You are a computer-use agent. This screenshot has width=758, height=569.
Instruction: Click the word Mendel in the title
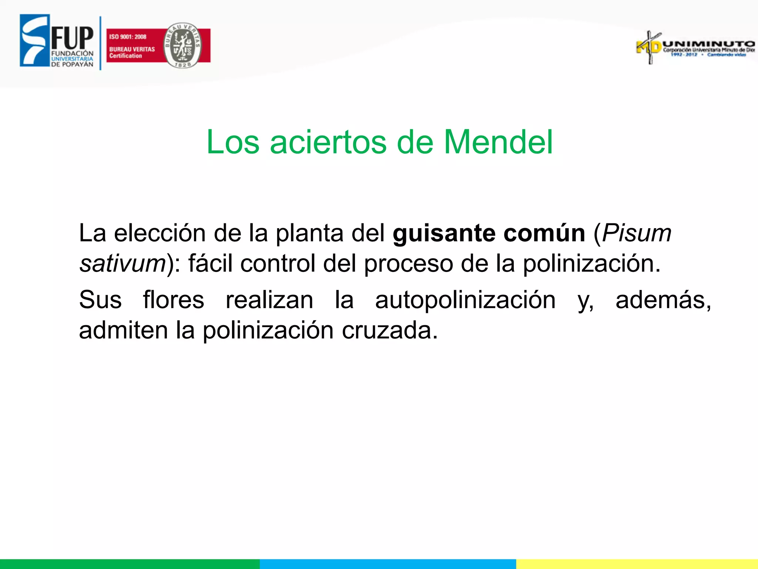pos(498,142)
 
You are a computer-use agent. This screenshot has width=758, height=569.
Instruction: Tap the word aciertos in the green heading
pos(328,142)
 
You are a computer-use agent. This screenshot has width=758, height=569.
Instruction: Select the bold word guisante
pos(444,233)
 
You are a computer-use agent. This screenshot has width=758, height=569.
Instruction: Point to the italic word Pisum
pos(637,233)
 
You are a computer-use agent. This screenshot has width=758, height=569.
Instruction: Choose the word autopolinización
pos(465,300)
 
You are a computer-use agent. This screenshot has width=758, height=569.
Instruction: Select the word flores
pos(174,300)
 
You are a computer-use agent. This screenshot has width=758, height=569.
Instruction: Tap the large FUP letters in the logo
pos(73,38)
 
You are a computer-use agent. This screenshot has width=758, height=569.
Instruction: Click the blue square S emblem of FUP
pos(34,41)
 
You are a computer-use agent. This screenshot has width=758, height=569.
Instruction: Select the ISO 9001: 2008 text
pos(128,37)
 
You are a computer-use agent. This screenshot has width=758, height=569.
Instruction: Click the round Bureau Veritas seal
pos(182,45)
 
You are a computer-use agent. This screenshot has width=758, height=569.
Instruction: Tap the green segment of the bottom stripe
pos(130,564)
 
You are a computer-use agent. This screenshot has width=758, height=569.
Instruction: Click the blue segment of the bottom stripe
pos(388,564)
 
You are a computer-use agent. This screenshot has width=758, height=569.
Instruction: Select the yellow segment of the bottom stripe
pos(637,564)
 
